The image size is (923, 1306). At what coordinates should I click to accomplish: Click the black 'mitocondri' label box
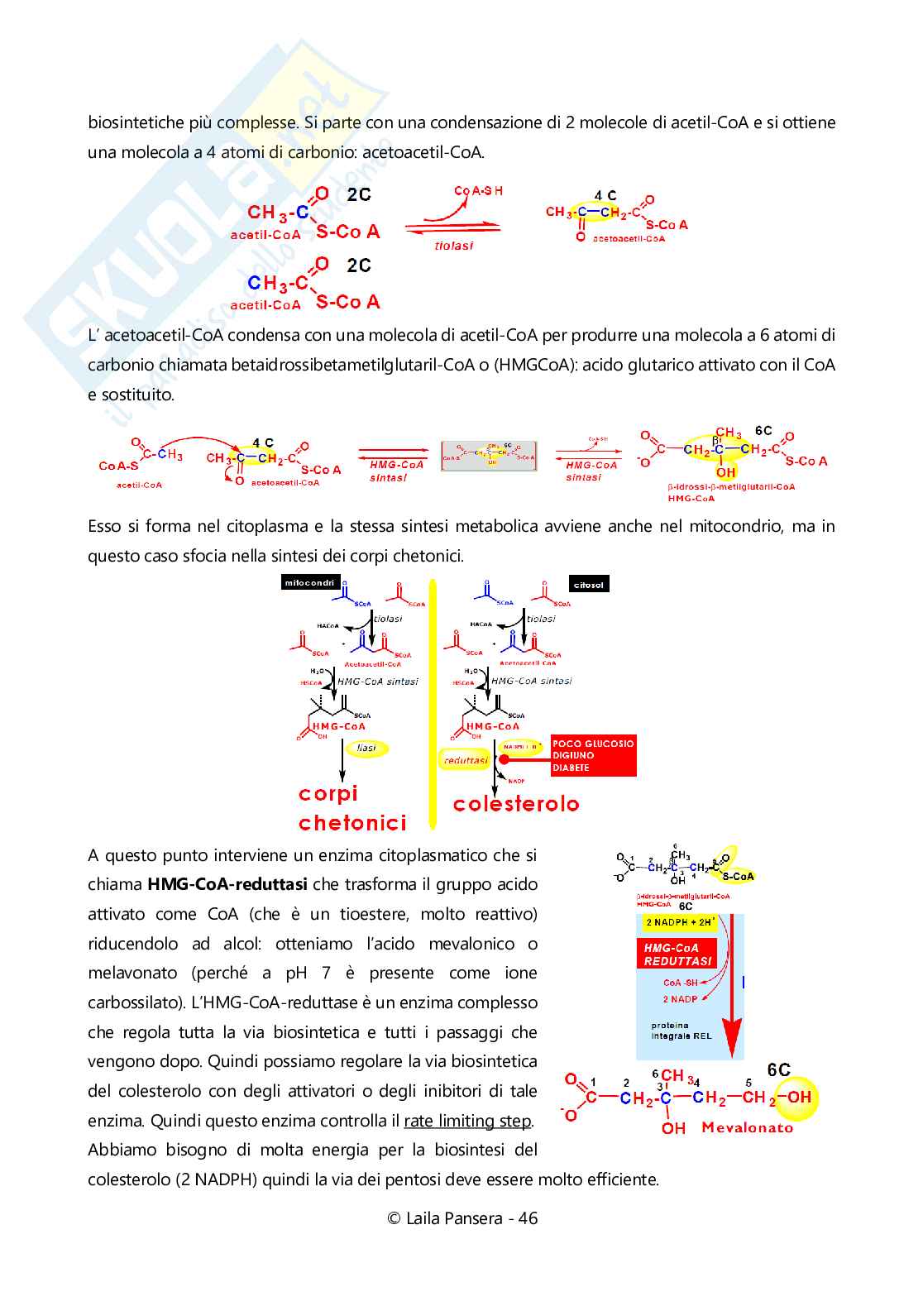[x=310, y=582]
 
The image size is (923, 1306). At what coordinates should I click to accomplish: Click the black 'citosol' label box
[x=588, y=585]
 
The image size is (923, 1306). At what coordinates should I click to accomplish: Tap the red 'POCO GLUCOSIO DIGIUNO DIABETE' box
[x=593, y=756]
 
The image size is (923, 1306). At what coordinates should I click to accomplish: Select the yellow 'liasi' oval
[x=366, y=748]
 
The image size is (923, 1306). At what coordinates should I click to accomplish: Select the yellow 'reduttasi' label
[x=466, y=760]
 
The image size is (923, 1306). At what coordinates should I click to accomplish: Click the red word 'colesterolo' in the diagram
[x=516, y=804]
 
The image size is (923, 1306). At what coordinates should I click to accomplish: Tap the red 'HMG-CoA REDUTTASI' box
[x=678, y=954]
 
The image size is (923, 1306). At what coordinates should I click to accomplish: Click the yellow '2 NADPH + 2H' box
[x=679, y=922]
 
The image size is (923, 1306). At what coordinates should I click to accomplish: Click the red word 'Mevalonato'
[x=747, y=1127]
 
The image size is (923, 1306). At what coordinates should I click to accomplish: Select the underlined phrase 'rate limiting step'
[x=467, y=1121]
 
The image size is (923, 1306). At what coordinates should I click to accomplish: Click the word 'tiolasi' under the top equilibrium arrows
[x=453, y=246]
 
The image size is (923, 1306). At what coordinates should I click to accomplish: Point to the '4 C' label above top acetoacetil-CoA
[x=605, y=195]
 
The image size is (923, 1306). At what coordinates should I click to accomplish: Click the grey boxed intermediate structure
[x=489, y=456]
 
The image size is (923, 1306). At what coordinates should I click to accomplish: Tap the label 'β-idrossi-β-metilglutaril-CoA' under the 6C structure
[x=731, y=487]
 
